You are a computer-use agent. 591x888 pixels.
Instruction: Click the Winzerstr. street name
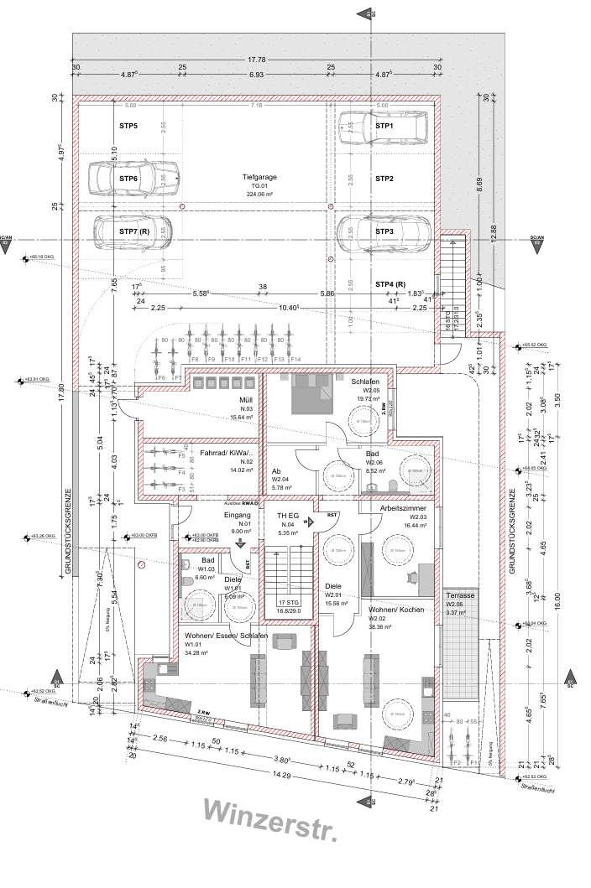pos(271,833)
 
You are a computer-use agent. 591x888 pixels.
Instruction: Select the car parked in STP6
pos(134,177)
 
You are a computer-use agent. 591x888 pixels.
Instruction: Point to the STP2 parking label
pos(384,179)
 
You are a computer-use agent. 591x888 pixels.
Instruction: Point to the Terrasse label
pos(460,595)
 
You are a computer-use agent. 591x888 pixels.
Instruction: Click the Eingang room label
pos(238,516)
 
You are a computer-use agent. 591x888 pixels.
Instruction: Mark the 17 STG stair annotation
pos(287,603)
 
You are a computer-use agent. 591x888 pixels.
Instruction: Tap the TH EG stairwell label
pos(288,516)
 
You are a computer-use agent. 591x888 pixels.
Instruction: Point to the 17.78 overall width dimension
pos(257,60)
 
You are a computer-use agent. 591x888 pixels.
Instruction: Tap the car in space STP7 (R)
pos(134,231)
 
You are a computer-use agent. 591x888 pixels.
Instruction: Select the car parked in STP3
pos(384,231)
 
